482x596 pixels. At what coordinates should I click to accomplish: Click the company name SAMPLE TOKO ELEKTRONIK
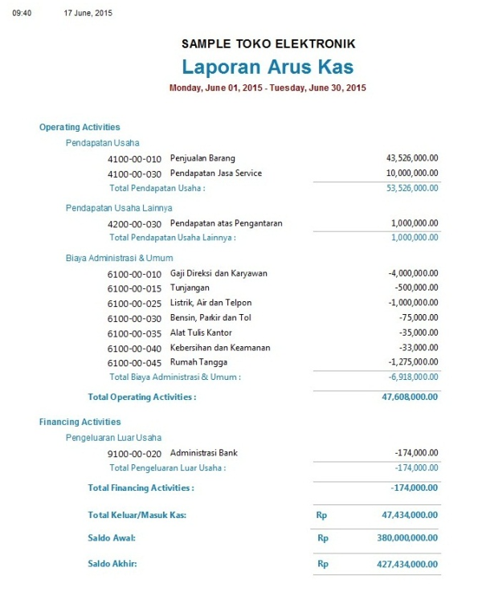click(x=268, y=44)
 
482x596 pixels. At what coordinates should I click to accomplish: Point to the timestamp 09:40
click(x=22, y=13)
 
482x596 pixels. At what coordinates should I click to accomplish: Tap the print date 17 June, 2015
click(x=88, y=13)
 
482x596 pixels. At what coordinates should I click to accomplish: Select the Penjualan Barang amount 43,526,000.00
click(x=412, y=158)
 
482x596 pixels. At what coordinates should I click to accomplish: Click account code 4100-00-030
click(x=134, y=173)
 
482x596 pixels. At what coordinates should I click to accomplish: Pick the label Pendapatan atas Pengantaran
click(x=226, y=223)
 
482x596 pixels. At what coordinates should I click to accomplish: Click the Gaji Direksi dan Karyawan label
click(x=219, y=274)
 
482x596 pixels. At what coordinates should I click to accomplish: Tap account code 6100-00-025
click(x=134, y=304)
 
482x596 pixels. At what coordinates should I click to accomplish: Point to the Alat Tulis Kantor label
click(x=201, y=333)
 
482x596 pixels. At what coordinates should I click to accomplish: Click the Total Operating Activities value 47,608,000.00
click(x=410, y=397)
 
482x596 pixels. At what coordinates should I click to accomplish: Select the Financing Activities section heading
click(x=80, y=422)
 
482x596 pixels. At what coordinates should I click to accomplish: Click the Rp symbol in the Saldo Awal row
click(x=323, y=538)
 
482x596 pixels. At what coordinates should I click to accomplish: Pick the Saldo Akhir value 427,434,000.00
click(x=407, y=564)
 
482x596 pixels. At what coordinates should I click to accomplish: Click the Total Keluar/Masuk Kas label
click(x=137, y=515)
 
